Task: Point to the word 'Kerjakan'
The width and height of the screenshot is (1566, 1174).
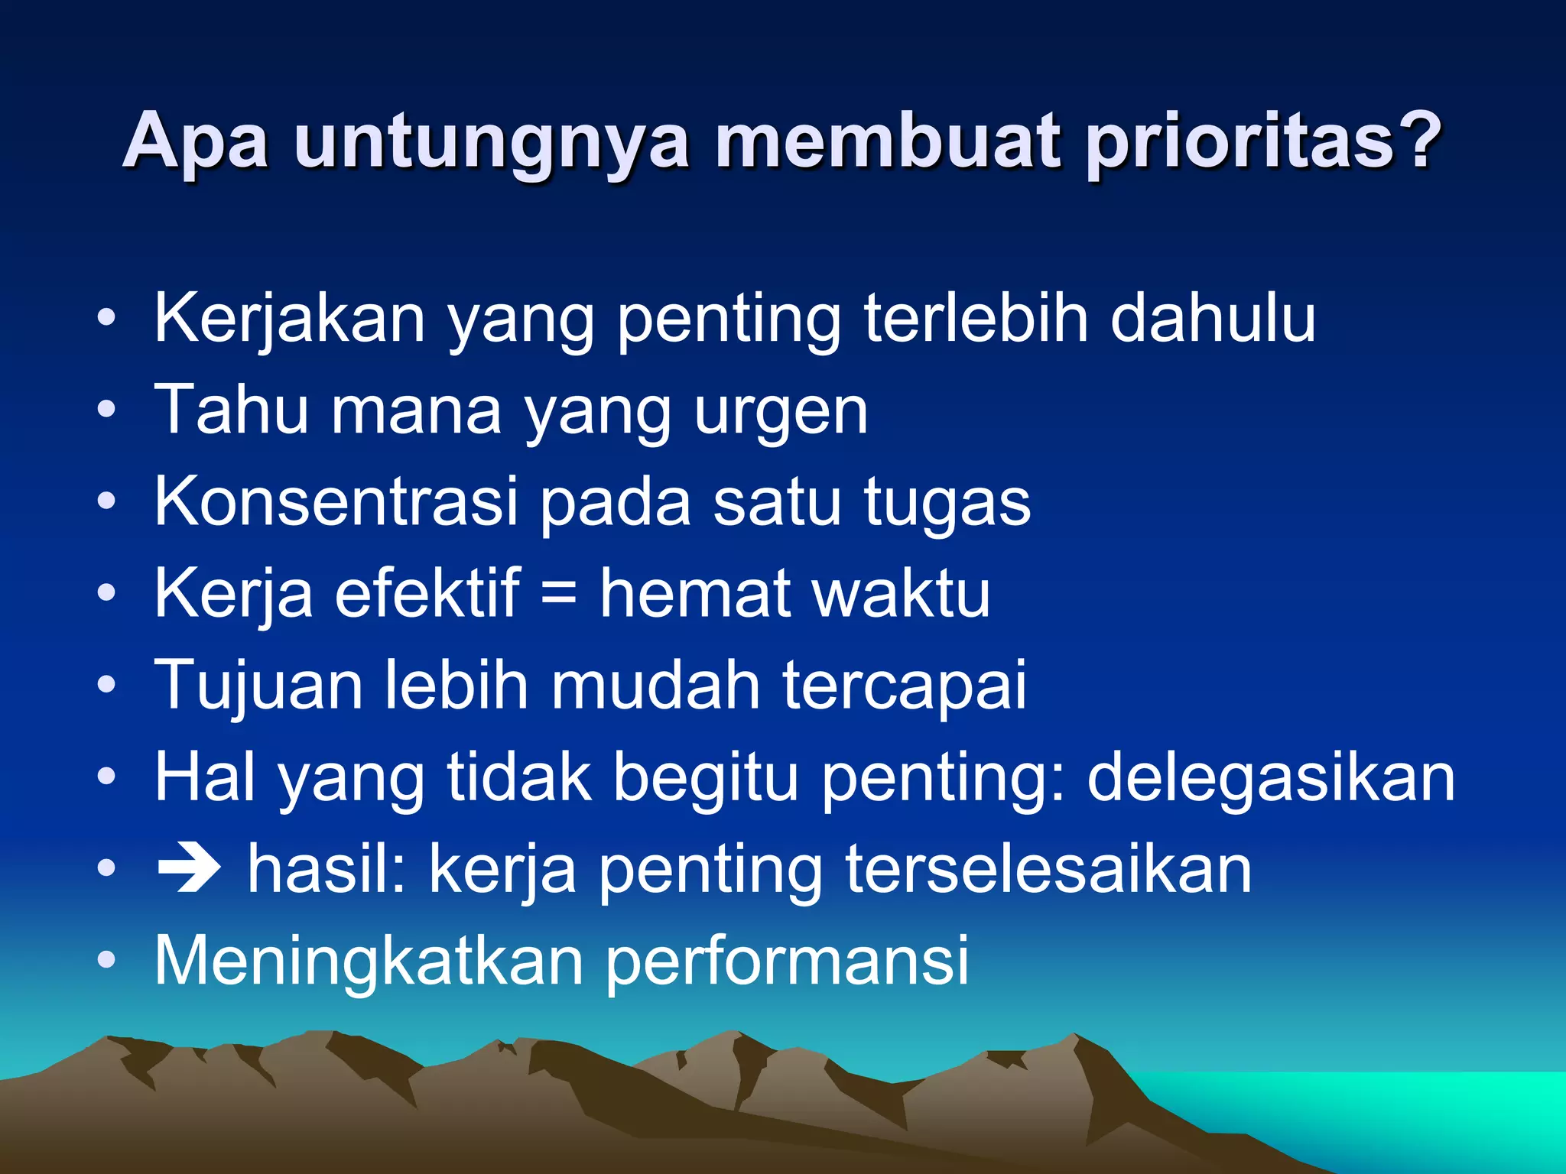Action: (x=290, y=319)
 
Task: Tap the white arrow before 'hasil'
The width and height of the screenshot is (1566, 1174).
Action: (x=189, y=870)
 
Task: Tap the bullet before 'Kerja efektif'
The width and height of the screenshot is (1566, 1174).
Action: (x=107, y=593)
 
